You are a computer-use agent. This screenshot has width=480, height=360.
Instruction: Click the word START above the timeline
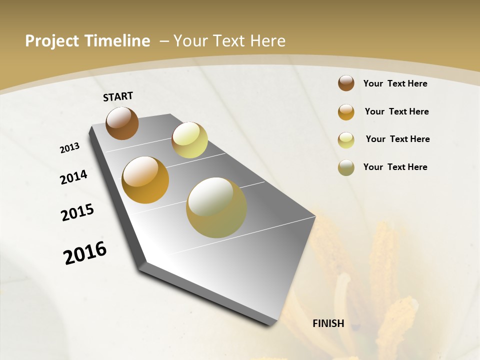coord(118,96)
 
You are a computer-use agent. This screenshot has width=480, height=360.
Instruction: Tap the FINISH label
coord(328,323)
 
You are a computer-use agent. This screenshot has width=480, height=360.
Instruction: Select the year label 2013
coord(69,148)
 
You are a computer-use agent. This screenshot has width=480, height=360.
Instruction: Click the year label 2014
coord(73,177)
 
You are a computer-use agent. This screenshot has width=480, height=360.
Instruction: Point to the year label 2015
coord(77,212)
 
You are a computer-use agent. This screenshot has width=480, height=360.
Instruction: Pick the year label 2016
coord(85,252)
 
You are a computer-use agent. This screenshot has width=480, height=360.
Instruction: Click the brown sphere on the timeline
coord(122,123)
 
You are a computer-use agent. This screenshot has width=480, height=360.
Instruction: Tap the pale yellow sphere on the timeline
coord(189,140)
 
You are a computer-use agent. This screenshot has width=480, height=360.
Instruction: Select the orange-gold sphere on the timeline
coord(145,180)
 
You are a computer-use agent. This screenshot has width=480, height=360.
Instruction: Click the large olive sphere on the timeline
coord(216,207)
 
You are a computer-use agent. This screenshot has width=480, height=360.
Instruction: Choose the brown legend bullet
coord(346,83)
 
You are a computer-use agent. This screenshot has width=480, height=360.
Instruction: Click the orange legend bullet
coord(346,112)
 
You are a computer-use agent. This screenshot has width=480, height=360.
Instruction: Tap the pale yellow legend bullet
coord(346,140)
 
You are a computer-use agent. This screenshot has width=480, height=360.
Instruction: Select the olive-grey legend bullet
coord(346,167)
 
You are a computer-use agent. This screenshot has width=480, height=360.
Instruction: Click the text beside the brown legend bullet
coord(395,83)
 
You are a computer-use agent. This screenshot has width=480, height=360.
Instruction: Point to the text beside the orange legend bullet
coord(396,111)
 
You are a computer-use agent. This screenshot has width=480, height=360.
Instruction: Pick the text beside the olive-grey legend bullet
coord(395,167)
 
